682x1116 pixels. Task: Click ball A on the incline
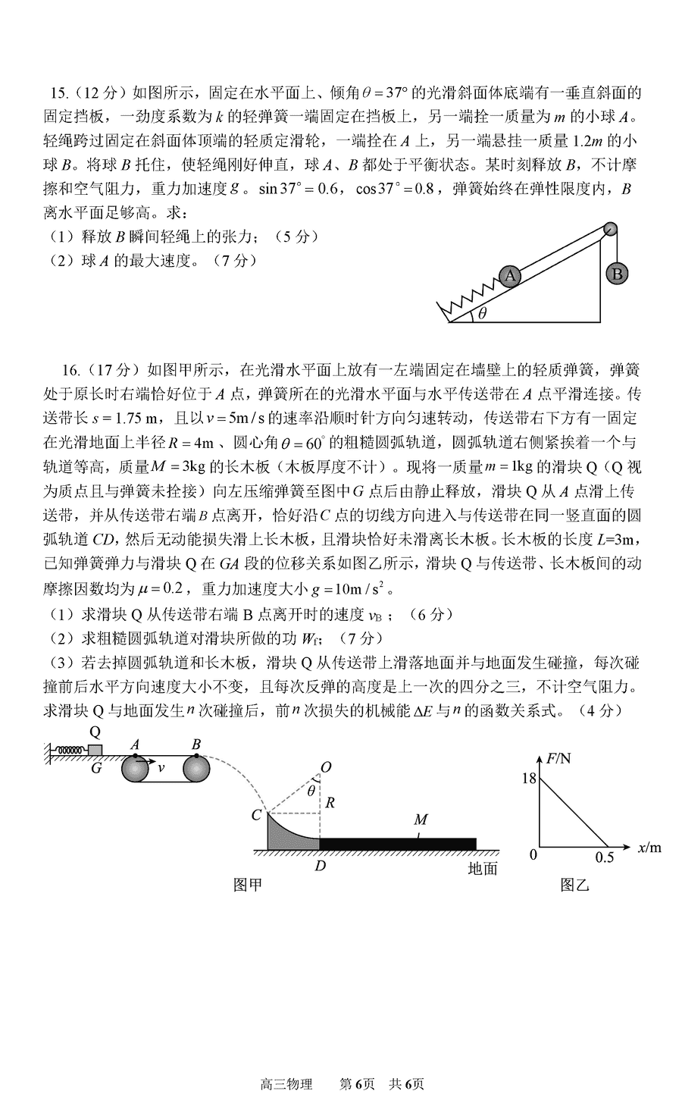click(x=509, y=275)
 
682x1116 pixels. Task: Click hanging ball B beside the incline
click(x=617, y=274)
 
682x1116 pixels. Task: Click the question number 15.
click(x=58, y=93)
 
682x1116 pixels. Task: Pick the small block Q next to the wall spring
click(x=95, y=750)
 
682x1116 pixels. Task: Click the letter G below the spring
click(x=95, y=767)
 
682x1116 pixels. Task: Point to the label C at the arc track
click(x=257, y=815)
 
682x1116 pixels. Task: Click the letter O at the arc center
click(x=326, y=768)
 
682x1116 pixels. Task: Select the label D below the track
click(x=320, y=864)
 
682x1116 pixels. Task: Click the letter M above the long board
click(x=421, y=820)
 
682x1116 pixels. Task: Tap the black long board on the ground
click(x=398, y=843)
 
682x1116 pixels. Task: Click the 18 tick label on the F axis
click(x=529, y=778)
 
